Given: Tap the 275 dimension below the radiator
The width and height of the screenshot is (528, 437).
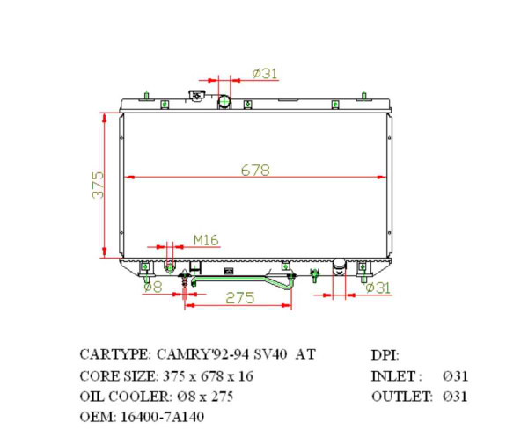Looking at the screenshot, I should (239, 298).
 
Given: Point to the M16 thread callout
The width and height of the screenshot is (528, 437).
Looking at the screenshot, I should (205, 239).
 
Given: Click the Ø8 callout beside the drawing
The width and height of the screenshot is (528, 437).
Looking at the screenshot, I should (151, 287).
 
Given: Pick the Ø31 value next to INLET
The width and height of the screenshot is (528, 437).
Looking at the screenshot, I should (455, 375).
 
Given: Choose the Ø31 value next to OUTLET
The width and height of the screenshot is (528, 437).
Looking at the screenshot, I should (455, 397).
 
